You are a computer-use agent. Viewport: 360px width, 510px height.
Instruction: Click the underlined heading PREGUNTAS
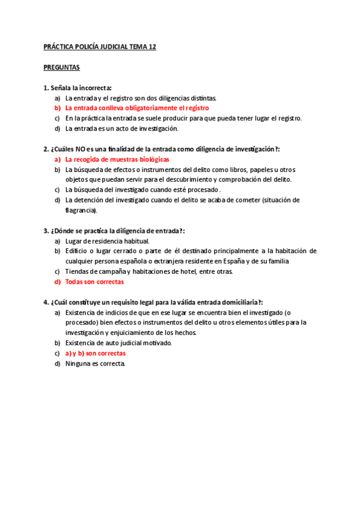coord(62,67)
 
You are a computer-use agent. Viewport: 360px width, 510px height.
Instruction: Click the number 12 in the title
coord(152,47)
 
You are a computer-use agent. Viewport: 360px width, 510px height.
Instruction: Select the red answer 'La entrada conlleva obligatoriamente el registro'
coord(137,108)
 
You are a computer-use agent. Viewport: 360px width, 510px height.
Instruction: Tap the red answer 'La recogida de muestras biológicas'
coord(117,159)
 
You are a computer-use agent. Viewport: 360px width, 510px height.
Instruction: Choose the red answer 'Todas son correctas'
coord(94,281)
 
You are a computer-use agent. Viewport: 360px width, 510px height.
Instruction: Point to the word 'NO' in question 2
coord(80,149)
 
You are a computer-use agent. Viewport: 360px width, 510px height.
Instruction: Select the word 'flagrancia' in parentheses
coord(81,210)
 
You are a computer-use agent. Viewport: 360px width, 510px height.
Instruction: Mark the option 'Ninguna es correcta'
coord(96,364)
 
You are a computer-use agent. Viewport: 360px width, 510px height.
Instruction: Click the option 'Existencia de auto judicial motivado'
coord(118,343)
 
